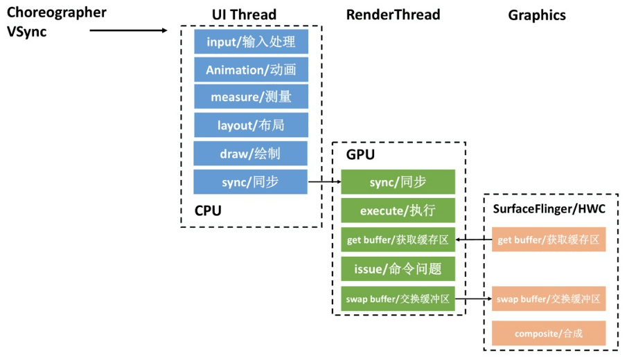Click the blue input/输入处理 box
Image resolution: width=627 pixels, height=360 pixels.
point(251,42)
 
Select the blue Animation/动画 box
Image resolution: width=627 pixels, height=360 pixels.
point(251,69)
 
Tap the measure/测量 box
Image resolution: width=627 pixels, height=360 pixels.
point(251,97)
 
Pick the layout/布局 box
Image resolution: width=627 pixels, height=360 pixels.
point(251,125)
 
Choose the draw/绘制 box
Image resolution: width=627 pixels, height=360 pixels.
point(251,154)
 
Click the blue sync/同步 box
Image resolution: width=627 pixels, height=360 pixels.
point(251,182)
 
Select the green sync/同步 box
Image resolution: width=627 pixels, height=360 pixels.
point(398,182)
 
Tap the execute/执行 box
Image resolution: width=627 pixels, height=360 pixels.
point(398,210)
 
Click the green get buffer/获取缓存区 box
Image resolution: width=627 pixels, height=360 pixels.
point(398,240)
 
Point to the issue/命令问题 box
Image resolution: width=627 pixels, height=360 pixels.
point(398,268)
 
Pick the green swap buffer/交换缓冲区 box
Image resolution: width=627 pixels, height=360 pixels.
point(398,299)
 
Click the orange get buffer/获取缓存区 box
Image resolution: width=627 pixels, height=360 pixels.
point(549,240)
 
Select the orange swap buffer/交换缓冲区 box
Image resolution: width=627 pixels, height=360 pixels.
point(549,299)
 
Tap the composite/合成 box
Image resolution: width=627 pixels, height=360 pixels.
point(549,333)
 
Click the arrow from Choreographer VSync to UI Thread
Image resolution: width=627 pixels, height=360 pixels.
point(129,30)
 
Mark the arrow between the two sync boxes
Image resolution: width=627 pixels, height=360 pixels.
point(324,182)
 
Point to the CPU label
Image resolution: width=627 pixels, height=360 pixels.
point(208,210)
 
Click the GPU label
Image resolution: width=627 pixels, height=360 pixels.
point(360,155)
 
